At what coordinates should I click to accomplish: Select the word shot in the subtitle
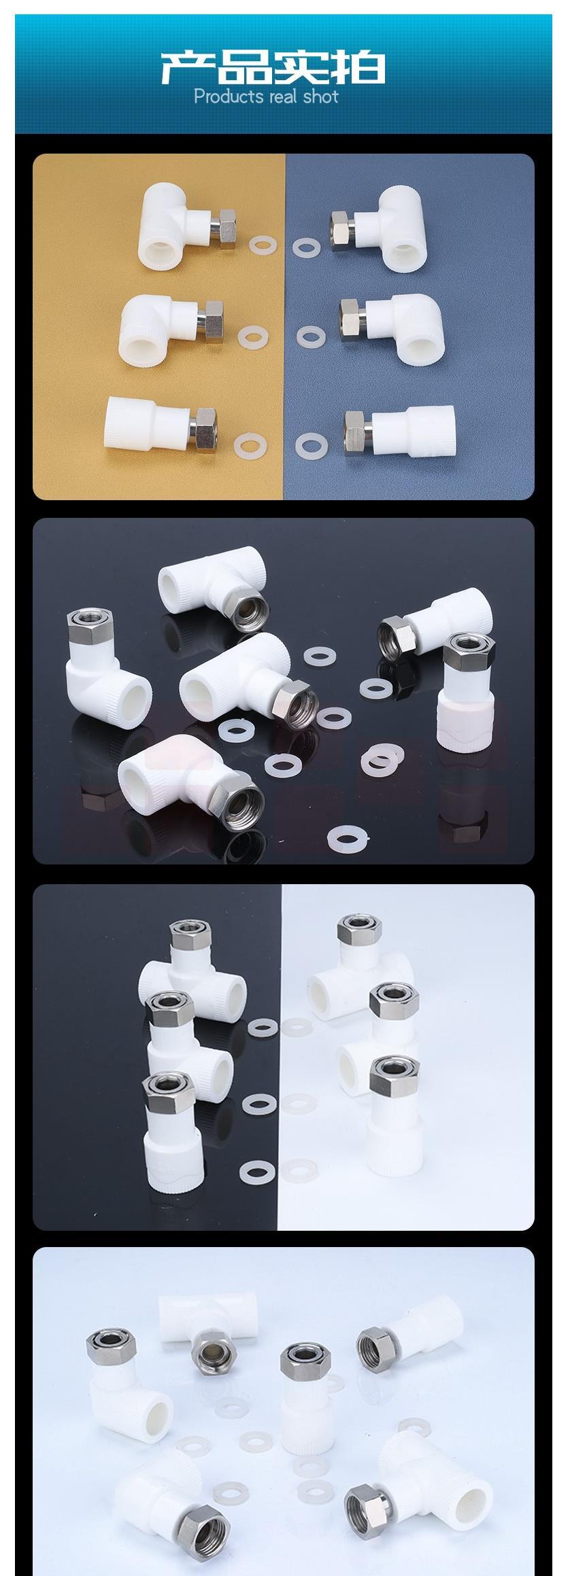point(320,97)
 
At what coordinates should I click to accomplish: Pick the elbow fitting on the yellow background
point(180,330)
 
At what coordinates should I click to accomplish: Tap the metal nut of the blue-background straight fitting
point(356,427)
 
